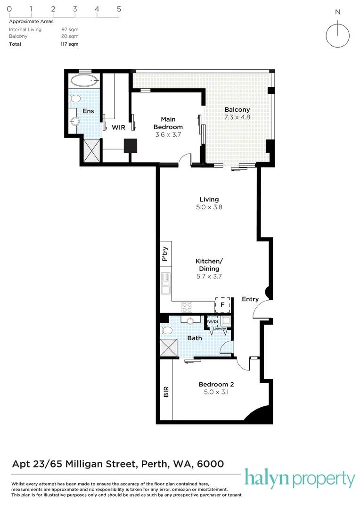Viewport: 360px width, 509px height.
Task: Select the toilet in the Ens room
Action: pyautogui.click(x=74, y=99)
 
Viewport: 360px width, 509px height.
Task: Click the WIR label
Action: pyautogui.click(x=118, y=127)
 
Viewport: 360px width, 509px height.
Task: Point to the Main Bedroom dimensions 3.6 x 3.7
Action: pyautogui.click(x=168, y=134)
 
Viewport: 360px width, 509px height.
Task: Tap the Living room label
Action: pyautogui.click(x=209, y=199)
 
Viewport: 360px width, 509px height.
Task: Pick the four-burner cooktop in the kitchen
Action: pyautogui.click(x=187, y=307)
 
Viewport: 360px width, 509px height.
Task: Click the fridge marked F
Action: pyautogui.click(x=223, y=305)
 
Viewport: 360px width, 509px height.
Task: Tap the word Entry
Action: pyautogui.click(x=250, y=299)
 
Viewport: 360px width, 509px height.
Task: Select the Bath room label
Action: pyautogui.click(x=195, y=338)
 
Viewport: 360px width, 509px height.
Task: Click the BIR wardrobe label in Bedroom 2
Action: pyautogui.click(x=165, y=392)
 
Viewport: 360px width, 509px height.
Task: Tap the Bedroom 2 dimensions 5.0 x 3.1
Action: pyautogui.click(x=216, y=391)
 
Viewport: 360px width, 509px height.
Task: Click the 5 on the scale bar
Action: pyautogui.click(x=119, y=8)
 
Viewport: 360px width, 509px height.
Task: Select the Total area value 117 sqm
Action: pyautogui.click(x=69, y=44)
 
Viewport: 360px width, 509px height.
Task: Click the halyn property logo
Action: pyautogui.click(x=299, y=479)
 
